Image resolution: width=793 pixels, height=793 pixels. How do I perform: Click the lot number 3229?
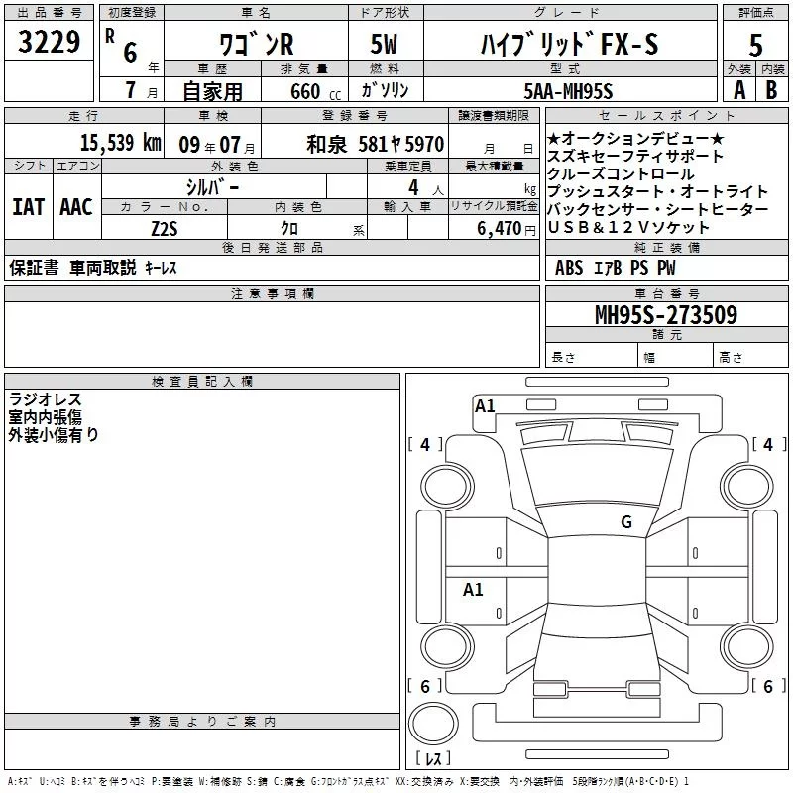(x=50, y=46)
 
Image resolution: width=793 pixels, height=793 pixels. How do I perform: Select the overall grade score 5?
(x=756, y=46)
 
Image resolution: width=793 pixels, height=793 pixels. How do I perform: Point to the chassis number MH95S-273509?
(x=665, y=315)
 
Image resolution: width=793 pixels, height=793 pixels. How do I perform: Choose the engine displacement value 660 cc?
(x=300, y=91)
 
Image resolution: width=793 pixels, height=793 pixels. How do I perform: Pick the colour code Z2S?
(x=164, y=228)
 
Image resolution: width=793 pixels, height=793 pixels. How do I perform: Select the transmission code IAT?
(x=28, y=207)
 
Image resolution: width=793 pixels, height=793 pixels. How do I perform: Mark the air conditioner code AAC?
(x=75, y=207)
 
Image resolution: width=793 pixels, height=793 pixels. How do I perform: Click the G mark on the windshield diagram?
(x=625, y=522)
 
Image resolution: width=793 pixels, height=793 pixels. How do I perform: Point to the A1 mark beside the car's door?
(x=473, y=590)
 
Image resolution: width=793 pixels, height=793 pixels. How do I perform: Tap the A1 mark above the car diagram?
(x=485, y=406)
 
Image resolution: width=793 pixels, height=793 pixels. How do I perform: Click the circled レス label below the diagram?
(x=434, y=760)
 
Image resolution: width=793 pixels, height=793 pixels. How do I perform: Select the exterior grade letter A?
(x=737, y=91)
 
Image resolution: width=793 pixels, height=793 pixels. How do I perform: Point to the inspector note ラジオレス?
(x=45, y=399)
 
